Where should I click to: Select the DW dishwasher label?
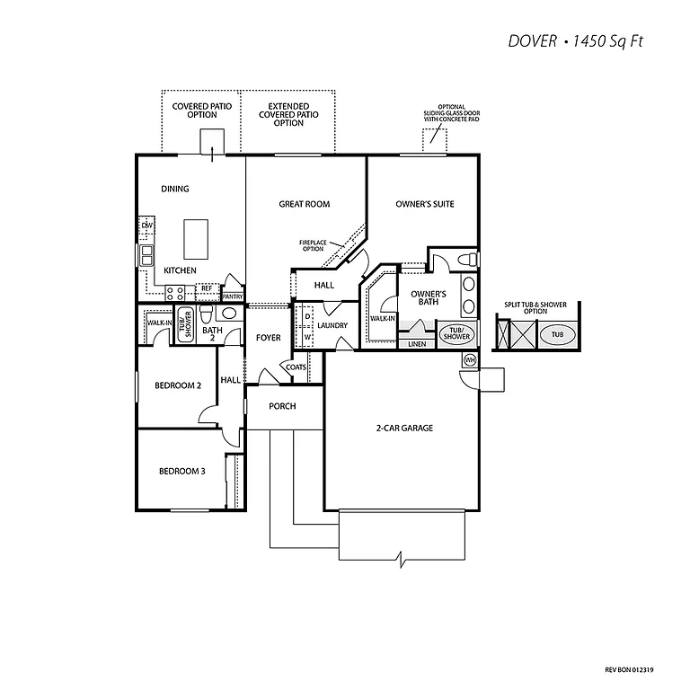coord(146,225)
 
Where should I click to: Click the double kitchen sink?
coord(146,255)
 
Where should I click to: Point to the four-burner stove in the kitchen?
coord(175,291)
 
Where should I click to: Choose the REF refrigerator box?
coord(206,289)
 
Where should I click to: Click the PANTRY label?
coord(232,296)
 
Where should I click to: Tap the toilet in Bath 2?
coord(207,314)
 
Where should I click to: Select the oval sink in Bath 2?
coord(229,314)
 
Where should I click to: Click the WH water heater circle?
coord(469,360)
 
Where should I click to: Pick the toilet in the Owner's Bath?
coord(464,260)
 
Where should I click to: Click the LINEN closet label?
coord(416,343)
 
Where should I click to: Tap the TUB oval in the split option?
coord(557,333)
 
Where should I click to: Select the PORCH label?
coord(283,406)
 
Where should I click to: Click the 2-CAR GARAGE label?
coord(404,428)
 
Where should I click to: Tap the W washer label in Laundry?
coord(307,338)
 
